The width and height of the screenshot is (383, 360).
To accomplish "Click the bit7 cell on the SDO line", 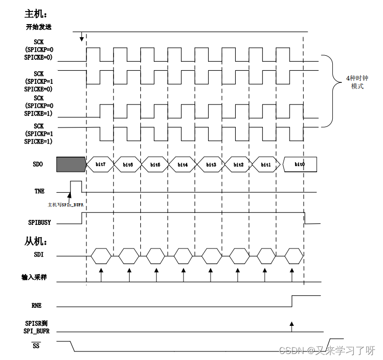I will [x=100, y=164].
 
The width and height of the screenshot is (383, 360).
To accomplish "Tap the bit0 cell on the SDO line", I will [x=299, y=164].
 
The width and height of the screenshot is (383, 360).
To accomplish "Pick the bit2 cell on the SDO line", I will [x=238, y=164].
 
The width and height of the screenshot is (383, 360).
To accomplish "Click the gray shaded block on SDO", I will [x=71, y=164].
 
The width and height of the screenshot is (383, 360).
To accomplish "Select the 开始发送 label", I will [x=39, y=27].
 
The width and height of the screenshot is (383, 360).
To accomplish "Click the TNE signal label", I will [x=39, y=191].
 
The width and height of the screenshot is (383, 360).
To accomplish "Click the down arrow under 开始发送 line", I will [x=81, y=37].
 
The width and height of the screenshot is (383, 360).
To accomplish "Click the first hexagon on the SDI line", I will [x=101, y=256].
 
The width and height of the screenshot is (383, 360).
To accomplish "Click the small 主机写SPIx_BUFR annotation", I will [x=65, y=205].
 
